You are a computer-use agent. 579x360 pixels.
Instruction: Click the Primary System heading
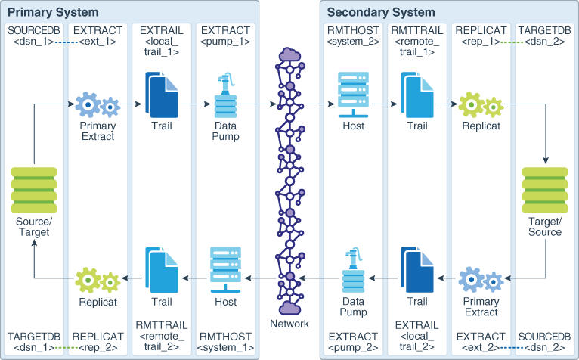[x=53, y=13]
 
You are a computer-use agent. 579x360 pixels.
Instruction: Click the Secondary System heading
[x=381, y=13]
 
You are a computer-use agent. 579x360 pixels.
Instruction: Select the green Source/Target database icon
[x=34, y=190]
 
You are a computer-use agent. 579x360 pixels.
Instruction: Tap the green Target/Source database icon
[x=545, y=190]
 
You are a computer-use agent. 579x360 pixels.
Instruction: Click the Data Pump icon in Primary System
[x=225, y=95]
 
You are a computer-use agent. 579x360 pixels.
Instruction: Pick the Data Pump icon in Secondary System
[x=354, y=270]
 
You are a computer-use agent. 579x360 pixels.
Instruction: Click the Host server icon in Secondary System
[x=354, y=95]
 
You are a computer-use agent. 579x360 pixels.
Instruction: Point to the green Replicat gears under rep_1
[x=481, y=105]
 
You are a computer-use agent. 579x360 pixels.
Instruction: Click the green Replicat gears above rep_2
[x=98, y=280]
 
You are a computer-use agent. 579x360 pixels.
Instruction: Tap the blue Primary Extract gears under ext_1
[x=98, y=105]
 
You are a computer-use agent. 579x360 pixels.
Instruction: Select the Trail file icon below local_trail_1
[x=162, y=95]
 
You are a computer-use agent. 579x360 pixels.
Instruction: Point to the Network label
[x=289, y=324]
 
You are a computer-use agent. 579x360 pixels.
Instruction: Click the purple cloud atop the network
[x=289, y=54]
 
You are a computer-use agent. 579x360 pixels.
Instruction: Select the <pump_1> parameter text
[x=225, y=42]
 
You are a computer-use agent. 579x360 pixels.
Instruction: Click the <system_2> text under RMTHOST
[x=354, y=42]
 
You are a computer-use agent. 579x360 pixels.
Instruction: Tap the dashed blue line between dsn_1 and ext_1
[x=66, y=42]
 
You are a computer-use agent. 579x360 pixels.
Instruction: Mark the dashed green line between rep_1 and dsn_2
[x=512, y=42]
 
